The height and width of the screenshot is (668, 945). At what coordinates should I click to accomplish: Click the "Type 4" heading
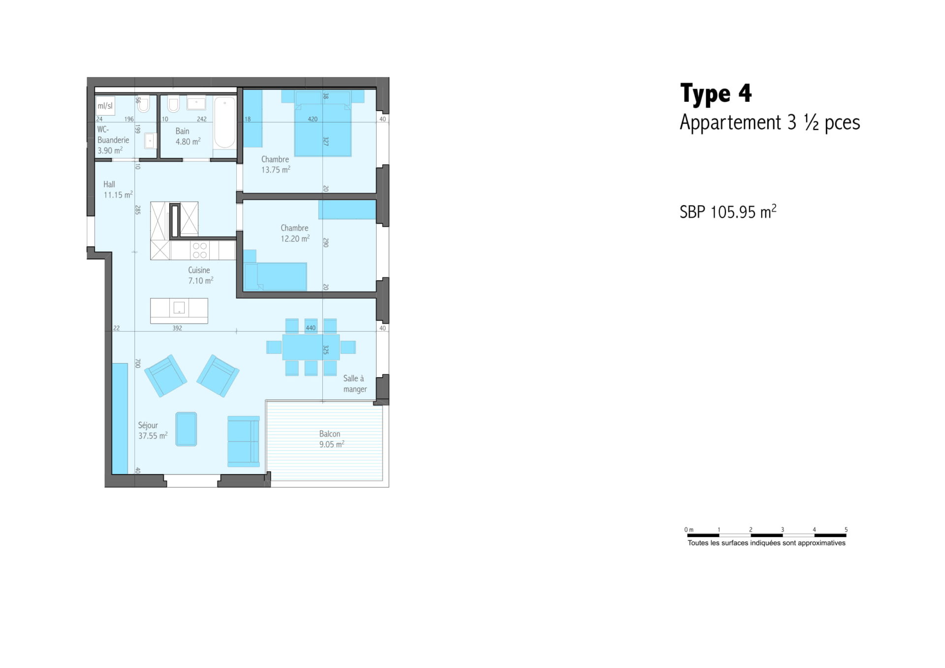[716, 94]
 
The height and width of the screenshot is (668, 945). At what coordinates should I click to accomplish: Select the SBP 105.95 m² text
[728, 212]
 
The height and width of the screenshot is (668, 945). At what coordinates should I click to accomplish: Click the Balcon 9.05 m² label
[331, 439]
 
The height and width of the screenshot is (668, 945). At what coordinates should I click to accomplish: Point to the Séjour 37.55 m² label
[153, 430]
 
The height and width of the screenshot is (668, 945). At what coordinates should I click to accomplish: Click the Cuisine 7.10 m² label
[200, 275]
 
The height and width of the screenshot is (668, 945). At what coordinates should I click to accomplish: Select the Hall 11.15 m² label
[118, 189]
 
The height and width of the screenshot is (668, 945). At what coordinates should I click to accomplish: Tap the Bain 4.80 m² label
[188, 136]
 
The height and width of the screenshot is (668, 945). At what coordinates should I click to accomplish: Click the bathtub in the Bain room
[225, 122]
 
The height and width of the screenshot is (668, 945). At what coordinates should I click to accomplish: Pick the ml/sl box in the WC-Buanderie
[105, 106]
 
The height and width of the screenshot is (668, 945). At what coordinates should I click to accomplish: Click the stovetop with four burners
[200, 250]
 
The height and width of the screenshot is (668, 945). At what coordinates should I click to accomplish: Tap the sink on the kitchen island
[179, 308]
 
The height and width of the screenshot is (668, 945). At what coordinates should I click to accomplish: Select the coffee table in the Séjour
[186, 429]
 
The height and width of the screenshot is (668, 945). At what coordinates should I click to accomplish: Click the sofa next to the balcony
[244, 442]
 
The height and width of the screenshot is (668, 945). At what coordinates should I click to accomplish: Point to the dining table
[311, 347]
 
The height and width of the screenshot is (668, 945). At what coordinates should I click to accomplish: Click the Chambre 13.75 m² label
[276, 164]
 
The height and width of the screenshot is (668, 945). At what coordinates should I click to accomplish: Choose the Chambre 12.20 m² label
[295, 233]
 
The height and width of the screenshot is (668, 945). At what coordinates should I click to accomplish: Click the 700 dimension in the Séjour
[138, 363]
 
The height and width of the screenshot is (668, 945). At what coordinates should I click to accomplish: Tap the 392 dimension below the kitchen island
[177, 328]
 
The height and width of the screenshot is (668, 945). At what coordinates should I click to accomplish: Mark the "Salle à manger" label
[355, 384]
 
